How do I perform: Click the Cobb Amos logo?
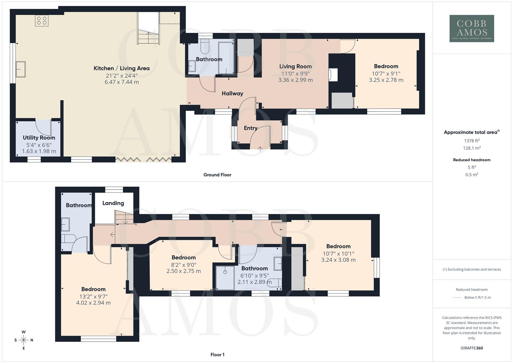click(x=472, y=28)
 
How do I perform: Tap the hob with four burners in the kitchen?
click(x=42, y=21)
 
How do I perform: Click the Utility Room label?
click(x=39, y=137)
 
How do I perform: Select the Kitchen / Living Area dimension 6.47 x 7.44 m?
click(x=122, y=82)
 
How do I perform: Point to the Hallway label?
click(x=232, y=93)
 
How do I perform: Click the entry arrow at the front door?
click(x=260, y=148)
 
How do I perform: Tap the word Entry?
click(x=251, y=128)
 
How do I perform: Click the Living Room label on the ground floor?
click(x=295, y=66)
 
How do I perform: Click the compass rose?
click(x=24, y=340)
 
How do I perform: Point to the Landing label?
click(x=113, y=203)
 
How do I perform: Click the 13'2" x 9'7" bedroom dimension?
click(x=93, y=296)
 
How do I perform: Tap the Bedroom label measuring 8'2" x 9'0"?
click(x=183, y=257)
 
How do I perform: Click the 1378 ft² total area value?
click(x=472, y=141)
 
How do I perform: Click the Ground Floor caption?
click(x=217, y=175)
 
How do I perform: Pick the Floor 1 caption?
click(x=217, y=355)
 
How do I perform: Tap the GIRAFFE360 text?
click(x=472, y=348)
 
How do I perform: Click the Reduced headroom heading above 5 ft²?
click(x=472, y=160)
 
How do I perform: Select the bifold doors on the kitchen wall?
click(x=144, y=159)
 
